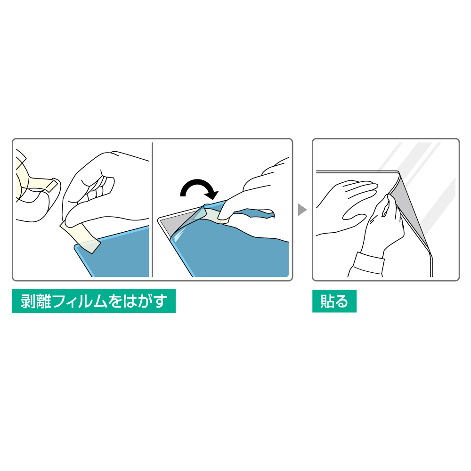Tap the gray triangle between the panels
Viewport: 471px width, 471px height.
click(x=302, y=210)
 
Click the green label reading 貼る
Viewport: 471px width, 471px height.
click(x=334, y=301)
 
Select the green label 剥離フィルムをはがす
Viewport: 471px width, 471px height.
click(x=94, y=301)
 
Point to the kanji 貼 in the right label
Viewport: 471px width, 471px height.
click(x=328, y=301)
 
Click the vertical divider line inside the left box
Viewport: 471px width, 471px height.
click(x=153, y=210)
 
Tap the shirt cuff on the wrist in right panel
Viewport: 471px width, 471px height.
click(x=369, y=264)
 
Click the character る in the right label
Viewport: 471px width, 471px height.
click(x=341, y=301)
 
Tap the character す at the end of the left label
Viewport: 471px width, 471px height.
click(x=160, y=301)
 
